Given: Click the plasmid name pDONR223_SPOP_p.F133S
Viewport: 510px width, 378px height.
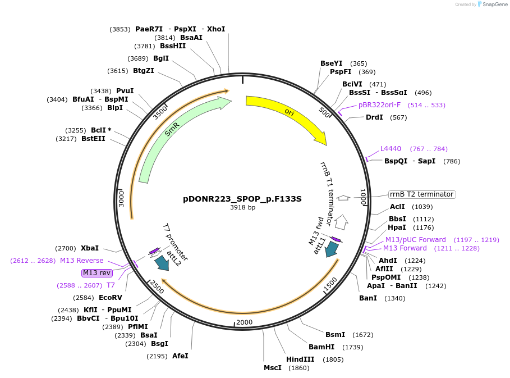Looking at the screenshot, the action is tap(242, 199).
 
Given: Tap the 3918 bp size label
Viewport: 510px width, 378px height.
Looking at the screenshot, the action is tap(242, 207).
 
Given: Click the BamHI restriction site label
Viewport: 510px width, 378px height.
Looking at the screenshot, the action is tap(321, 347).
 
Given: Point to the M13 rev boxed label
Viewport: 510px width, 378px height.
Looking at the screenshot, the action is tap(97, 273).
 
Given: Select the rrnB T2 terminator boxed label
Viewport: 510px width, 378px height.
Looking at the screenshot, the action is tap(421, 194).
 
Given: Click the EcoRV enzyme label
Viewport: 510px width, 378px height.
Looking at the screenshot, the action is tap(110, 297).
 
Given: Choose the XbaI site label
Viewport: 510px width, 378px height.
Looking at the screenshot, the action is tap(89, 248).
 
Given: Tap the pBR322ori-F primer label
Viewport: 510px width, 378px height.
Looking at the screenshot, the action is tap(379, 104).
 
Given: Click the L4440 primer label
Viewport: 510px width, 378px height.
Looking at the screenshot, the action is tap(390, 148).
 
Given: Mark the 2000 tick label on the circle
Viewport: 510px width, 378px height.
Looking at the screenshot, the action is tap(245, 322).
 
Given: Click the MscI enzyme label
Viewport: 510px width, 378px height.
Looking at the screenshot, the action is tap(273, 368).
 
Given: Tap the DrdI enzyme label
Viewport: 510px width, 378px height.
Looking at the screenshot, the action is tap(374, 117).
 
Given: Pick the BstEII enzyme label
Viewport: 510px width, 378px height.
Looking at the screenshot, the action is tap(93, 139).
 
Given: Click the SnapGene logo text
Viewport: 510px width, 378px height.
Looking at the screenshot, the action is tap(493, 4).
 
